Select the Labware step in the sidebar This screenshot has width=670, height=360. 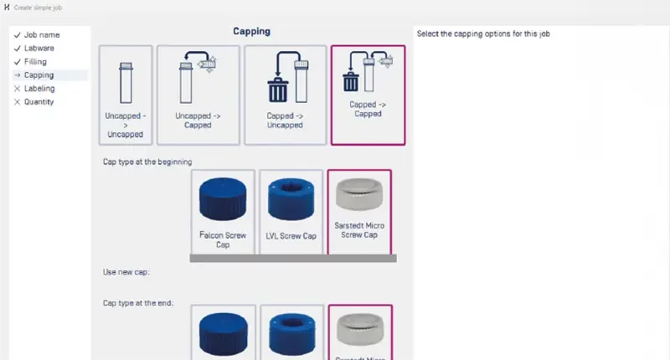(x=39, y=49)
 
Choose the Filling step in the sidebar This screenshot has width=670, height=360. (x=35, y=62)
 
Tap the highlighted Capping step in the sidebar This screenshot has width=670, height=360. (x=39, y=75)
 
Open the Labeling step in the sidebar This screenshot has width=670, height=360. (x=39, y=89)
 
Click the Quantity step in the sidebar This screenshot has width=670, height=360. (x=39, y=102)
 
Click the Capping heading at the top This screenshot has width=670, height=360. (x=251, y=32)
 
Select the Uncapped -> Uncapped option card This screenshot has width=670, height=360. (x=126, y=95)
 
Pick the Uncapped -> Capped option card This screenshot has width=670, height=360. (x=198, y=95)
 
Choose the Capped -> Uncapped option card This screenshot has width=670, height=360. (x=285, y=95)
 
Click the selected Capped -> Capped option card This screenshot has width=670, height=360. (x=368, y=95)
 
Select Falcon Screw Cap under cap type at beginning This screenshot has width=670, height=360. (x=222, y=212)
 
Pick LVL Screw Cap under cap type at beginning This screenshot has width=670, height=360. (x=291, y=212)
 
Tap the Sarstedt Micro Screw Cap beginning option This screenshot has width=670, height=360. (x=358, y=212)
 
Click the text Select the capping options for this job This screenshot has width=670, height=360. (x=482, y=34)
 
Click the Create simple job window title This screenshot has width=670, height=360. (x=38, y=8)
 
